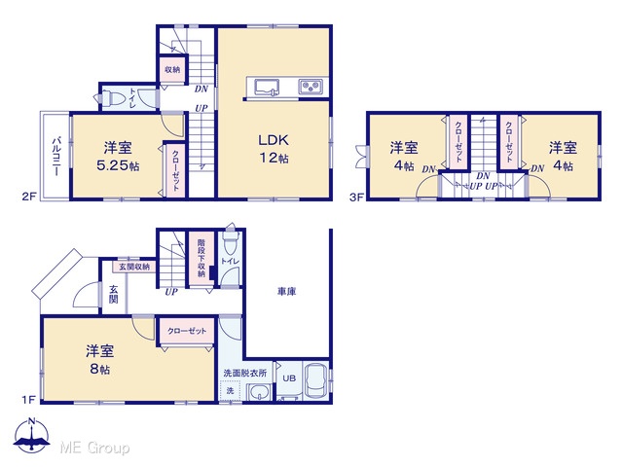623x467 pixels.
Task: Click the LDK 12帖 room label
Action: coord(274,149)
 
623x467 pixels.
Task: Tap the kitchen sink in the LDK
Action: coord(266,87)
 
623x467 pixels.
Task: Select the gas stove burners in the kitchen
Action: coord(311,87)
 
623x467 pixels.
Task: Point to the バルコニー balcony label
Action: coord(56,157)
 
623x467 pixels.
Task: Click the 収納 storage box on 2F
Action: coord(172,70)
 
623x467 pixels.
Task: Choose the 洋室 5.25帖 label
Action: coord(118,156)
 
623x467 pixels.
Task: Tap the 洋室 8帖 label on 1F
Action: coord(99,359)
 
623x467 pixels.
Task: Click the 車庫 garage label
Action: coord(286,292)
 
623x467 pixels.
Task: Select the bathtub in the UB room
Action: coord(315,380)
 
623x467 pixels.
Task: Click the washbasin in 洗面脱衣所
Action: coord(260,392)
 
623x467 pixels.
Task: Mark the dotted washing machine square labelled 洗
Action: coord(230,391)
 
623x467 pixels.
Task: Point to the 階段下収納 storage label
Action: coord(202,258)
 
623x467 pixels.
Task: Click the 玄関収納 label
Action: coord(134,267)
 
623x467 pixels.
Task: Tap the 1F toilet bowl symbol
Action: coord(231,242)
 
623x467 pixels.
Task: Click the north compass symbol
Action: coord(32,435)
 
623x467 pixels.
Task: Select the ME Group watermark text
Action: coord(94,448)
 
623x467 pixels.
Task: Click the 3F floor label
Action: coord(356,197)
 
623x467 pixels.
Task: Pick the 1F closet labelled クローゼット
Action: coord(187,331)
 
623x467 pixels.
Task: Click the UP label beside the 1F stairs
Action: coord(171,292)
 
